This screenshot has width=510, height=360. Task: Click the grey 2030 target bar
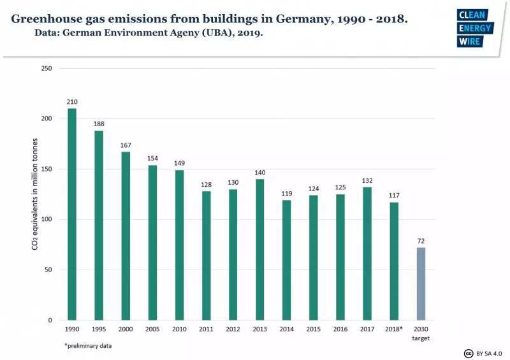pyautogui.click(x=421, y=284)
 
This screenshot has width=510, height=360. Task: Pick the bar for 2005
pyautogui.click(x=153, y=242)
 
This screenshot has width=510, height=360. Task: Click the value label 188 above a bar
pyautogui.click(x=99, y=124)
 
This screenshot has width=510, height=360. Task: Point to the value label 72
pyautogui.click(x=421, y=241)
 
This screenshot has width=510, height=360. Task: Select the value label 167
pyautogui.click(x=126, y=145)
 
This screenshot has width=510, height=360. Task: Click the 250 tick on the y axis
pyautogui.click(x=47, y=68)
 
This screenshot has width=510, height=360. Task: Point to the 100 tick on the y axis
pyautogui.click(x=47, y=219)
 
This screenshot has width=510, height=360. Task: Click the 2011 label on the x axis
pyautogui.click(x=207, y=329)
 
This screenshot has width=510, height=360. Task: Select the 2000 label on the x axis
pyautogui.click(x=126, y=329)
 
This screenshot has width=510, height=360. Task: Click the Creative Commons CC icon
pyautogui.click(x=469, y=353)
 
